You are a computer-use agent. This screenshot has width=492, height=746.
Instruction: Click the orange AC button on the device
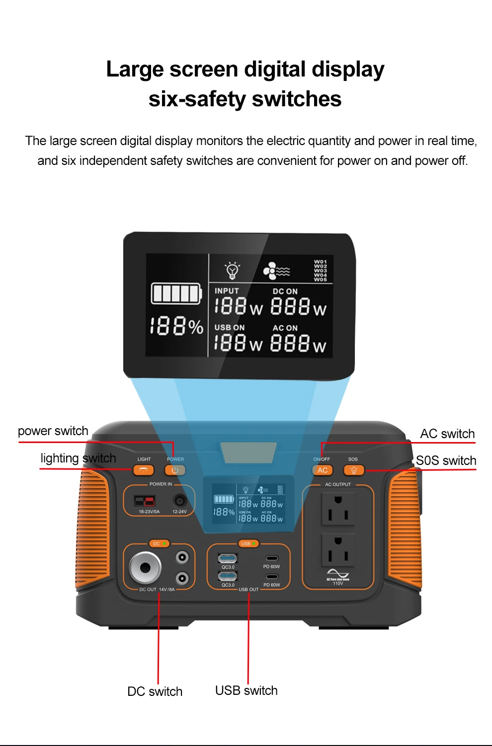323,470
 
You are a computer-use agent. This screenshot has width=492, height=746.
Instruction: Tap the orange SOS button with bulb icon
354,470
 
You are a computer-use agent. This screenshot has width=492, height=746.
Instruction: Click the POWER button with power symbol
175,470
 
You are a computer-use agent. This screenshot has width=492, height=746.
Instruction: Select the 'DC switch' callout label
155,691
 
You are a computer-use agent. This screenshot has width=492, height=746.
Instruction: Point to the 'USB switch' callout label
246,690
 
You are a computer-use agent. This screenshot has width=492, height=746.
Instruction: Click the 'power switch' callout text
53,431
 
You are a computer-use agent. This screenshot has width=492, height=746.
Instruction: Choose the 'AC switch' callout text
447,434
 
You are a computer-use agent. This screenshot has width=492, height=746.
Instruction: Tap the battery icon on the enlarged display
176,294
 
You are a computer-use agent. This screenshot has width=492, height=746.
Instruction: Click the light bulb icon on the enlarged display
232,270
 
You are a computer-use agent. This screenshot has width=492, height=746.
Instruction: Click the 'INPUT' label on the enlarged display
227,291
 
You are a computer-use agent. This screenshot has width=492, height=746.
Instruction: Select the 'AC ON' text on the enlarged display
285,328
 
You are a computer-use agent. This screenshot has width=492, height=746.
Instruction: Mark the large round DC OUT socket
145,567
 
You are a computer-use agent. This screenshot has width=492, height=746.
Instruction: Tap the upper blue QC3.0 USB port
228,558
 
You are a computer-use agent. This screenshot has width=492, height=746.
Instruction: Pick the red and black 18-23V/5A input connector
145,501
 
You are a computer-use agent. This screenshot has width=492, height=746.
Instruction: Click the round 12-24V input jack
179,501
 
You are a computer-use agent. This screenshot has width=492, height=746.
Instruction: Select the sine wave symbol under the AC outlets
338,573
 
